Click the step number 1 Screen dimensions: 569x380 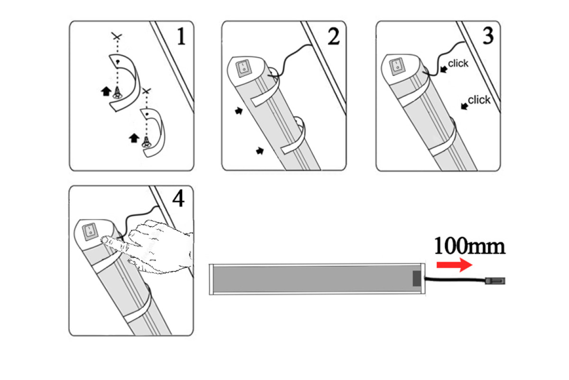click(181, 36)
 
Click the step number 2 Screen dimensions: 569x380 click(333, 36)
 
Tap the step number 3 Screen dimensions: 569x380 click(488, 36)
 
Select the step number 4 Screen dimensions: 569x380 click(178, 199)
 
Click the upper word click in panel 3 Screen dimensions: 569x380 click(458, 63)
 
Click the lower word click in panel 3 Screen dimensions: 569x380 click(479, 100)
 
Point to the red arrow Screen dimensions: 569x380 click(454, 265)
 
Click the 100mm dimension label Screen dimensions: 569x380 click(469, 246)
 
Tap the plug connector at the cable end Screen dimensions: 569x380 click(495, 281)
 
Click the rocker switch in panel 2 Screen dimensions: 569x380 click(244, 68)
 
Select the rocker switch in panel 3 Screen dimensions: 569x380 click(397, 66)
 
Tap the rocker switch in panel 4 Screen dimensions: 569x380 click(90, 232)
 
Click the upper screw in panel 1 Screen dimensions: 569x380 click(117, 93)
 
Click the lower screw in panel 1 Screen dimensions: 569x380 click(147, 142)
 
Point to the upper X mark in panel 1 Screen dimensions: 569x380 click(117, 37)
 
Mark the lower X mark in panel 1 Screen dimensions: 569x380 click(147, 91)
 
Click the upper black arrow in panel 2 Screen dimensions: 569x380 click(239, 111)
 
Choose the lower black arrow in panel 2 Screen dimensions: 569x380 click(260, 151)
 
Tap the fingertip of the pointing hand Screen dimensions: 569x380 click(104, 240)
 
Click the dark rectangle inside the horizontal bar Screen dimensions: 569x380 click(417, 278)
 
